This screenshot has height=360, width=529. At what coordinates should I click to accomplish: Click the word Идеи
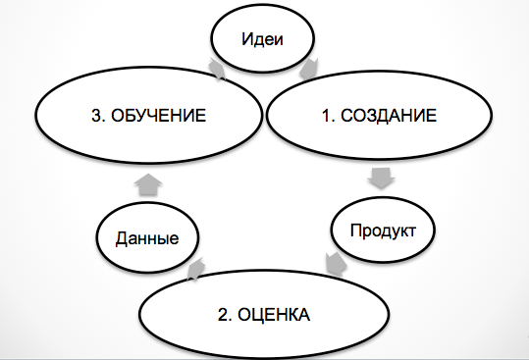click(264, 41)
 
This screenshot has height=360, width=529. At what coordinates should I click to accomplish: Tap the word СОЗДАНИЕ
click(392, 117)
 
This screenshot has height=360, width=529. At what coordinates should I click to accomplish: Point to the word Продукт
click(384, 231)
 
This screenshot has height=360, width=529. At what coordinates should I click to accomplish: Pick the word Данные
click(146, 237)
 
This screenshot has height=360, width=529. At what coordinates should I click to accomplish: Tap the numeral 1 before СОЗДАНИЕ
click(328, 117)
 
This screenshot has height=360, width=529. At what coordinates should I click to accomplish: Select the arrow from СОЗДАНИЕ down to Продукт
click(381, 179)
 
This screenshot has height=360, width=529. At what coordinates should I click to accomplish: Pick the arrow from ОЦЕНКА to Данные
click(194, 267)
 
